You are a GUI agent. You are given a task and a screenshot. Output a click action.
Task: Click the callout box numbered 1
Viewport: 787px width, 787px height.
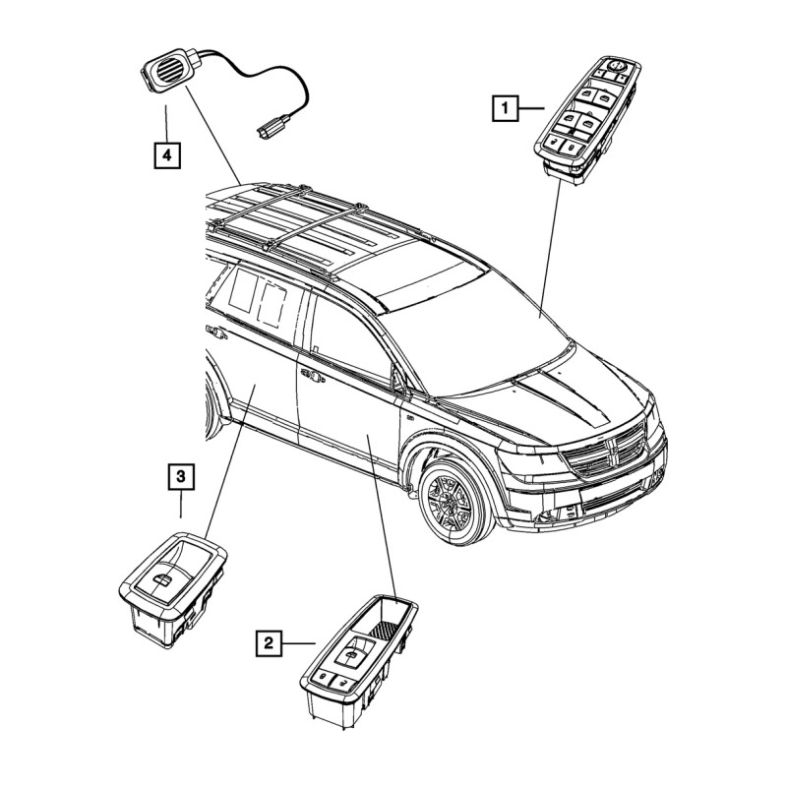click(504, 105)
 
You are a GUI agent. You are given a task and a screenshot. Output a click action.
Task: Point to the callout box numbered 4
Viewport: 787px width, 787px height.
click(167, 154)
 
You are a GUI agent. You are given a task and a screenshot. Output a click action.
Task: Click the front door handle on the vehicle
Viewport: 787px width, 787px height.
click(313, 375)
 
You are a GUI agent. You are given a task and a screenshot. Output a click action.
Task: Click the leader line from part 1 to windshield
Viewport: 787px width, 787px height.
click(550, 246)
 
